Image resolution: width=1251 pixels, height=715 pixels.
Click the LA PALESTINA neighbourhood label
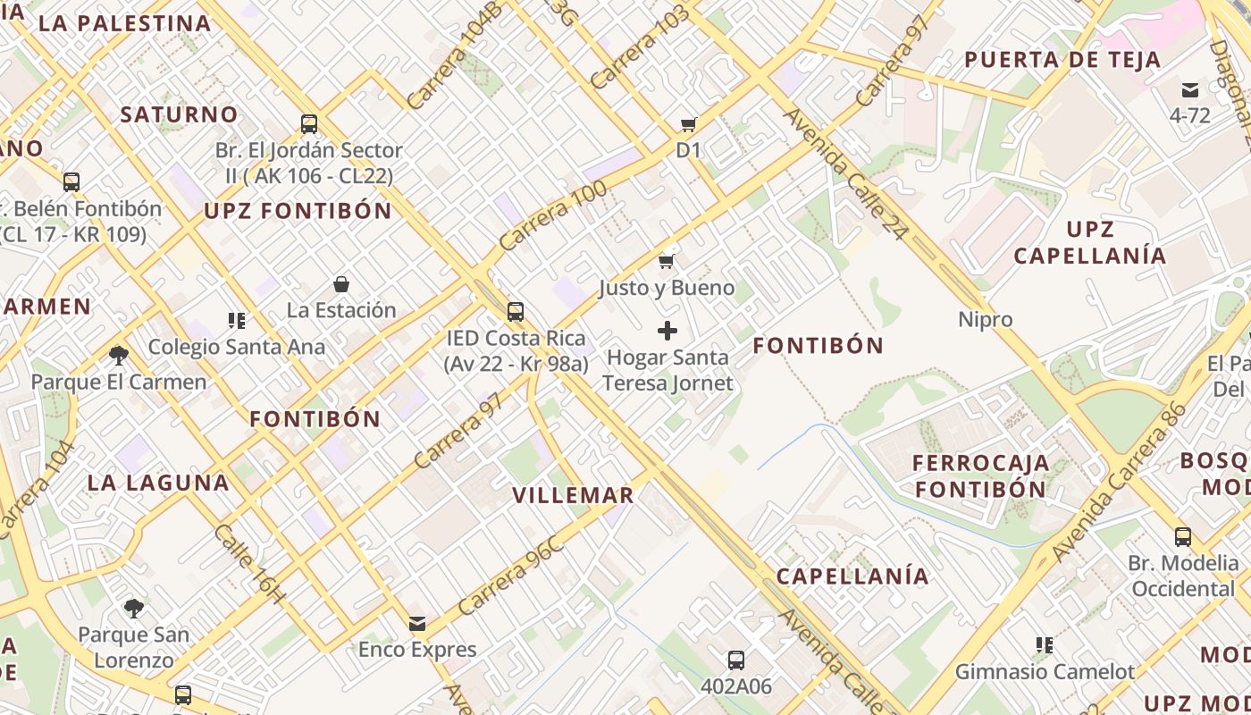coord(125,23)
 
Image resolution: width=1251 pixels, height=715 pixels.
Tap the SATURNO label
coord(179,114)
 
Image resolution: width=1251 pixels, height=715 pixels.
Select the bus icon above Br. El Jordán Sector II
coord(309,123)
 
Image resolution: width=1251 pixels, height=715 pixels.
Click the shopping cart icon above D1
coord(688,124)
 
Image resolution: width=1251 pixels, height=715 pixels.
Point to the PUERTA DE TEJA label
coord(1062,60)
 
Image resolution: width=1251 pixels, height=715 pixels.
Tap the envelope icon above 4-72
coord(1190,89)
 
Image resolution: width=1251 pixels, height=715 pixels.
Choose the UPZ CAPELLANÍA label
coord(1090,242)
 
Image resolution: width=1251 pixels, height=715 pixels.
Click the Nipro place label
coord(986,319)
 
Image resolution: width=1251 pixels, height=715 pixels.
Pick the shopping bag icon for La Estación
coord(340,284)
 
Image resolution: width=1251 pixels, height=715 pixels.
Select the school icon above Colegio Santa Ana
coord(237,320)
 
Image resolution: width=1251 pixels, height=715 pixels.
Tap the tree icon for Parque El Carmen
coord(118,356)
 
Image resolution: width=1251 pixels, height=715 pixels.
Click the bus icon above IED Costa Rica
coord(516,311)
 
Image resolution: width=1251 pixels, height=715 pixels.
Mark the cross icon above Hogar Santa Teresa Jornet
coord(667,331)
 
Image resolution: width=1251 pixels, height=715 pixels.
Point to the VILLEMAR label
coord(573,495)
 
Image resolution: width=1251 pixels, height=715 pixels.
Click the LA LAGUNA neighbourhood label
coord(158,483)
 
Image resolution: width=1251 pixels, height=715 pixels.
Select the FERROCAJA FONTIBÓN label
coord(980,476)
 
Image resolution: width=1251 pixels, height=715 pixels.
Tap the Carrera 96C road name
coord(510,575)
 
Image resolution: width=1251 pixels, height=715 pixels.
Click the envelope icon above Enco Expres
coord(417,623)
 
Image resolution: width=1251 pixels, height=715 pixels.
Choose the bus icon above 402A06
coord(735,660)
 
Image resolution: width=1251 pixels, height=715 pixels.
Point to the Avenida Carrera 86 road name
coord(1119,483)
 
